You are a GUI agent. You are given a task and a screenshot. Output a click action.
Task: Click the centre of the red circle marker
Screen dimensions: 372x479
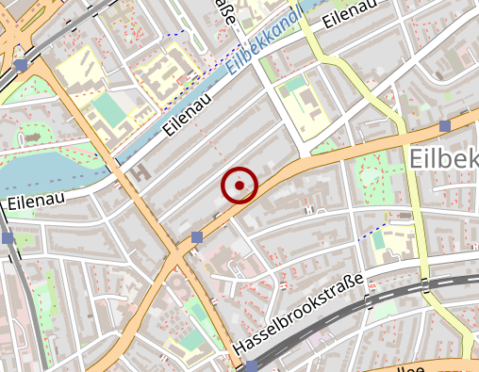pos(240,185)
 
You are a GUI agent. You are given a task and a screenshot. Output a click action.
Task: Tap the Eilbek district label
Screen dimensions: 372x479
pos(444,159)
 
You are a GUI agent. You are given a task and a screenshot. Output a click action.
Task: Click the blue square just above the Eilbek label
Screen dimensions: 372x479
pos(445,125)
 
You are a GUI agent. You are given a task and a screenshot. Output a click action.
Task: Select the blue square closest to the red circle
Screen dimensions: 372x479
pos(197,235)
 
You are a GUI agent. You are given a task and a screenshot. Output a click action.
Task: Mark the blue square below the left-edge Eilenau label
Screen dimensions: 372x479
pos(8,238)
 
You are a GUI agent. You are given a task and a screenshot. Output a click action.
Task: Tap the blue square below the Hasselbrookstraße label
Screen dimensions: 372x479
pos(251,366)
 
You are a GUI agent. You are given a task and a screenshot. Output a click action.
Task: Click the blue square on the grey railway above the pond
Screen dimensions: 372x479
pos(21,65)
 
